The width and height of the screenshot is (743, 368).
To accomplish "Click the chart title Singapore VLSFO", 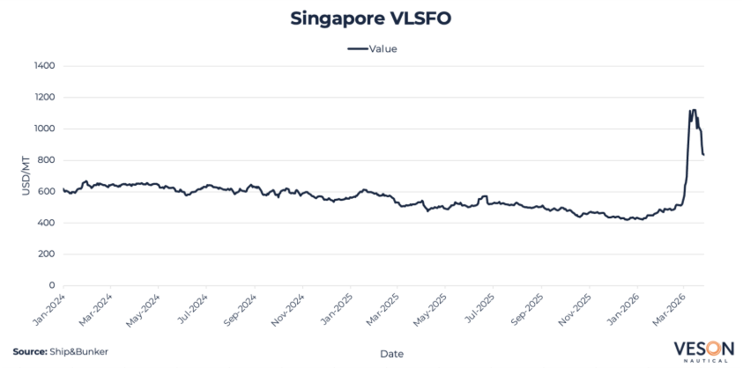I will (x=370, y=18).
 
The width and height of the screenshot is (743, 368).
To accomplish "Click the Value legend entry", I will (x=372, y=48).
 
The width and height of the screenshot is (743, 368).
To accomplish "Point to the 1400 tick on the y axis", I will (x=44, y=66).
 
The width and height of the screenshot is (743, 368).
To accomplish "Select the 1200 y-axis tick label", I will (x=44, y=98).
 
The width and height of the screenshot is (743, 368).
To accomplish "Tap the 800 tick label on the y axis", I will (x=47, y=160).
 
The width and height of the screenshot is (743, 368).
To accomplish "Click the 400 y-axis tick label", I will (x=47, y=223).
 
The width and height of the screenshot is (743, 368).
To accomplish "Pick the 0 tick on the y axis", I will (x=53, y=285).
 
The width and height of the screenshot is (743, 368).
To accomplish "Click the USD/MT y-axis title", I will (x=26, y=176).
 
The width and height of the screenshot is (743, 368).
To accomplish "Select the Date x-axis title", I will (x=391, y=353).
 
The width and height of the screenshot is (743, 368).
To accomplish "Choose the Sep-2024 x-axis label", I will (x=241, y=309).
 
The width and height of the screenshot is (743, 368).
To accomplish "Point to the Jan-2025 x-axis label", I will (x=338, y=309).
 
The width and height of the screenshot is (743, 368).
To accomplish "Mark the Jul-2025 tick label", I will (x=479, y=309).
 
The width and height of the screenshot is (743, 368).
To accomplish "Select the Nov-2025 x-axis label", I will (x=576, y=309).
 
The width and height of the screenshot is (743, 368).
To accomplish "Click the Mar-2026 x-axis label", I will (x=672, y=309).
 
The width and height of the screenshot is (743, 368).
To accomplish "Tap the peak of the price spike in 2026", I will (x=694, y=110).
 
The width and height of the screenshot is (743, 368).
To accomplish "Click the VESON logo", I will (x=702, y=350).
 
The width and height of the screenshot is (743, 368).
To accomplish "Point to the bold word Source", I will (x=29, y=351).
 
